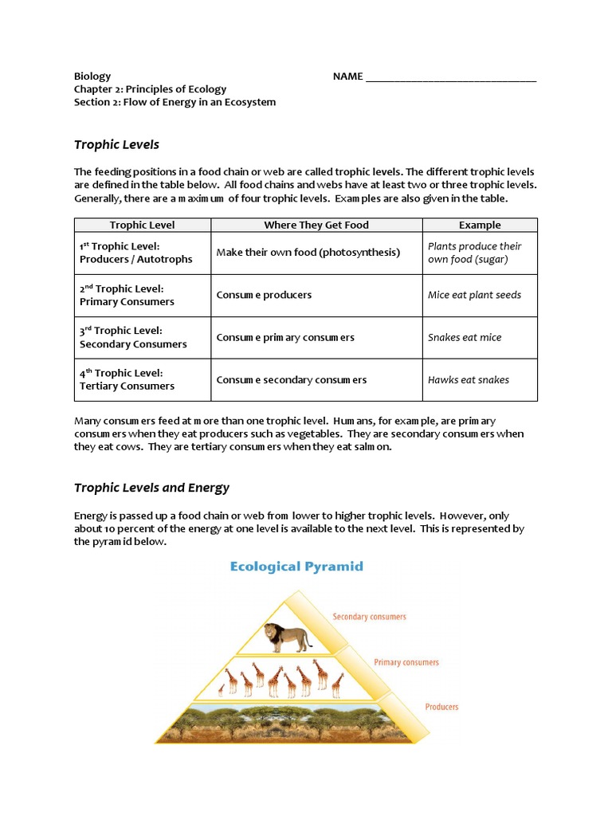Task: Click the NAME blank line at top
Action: (x=451, y=77)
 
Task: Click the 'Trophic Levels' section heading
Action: (x=116, y=144)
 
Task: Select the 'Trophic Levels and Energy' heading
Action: (x=151, y=488)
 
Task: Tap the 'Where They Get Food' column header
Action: (x=316, y=225)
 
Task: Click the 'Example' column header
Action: (x=480, y=225)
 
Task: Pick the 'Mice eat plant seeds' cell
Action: (x=474, y=295)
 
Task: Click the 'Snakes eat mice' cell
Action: (x=465, y=337)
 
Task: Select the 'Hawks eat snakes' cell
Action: (x=468, y=380)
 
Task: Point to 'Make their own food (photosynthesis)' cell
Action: (x=308, y=253)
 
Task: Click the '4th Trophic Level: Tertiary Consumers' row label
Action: (x=127, y=379)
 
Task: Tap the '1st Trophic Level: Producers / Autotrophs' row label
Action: (x=135, y=253)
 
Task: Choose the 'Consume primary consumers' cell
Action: (x=285, y=337)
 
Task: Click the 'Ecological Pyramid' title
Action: (x=296, y=567)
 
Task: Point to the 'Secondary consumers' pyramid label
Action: (x=369, y=617)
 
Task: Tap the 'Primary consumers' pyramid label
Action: (x=406, y=662)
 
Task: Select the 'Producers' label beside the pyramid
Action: (x=441, y=707)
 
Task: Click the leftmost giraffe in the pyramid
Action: (x=230, y=681)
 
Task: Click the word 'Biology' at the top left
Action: (x=92, y=76)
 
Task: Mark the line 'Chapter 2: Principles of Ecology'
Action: (x=150, y=89)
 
